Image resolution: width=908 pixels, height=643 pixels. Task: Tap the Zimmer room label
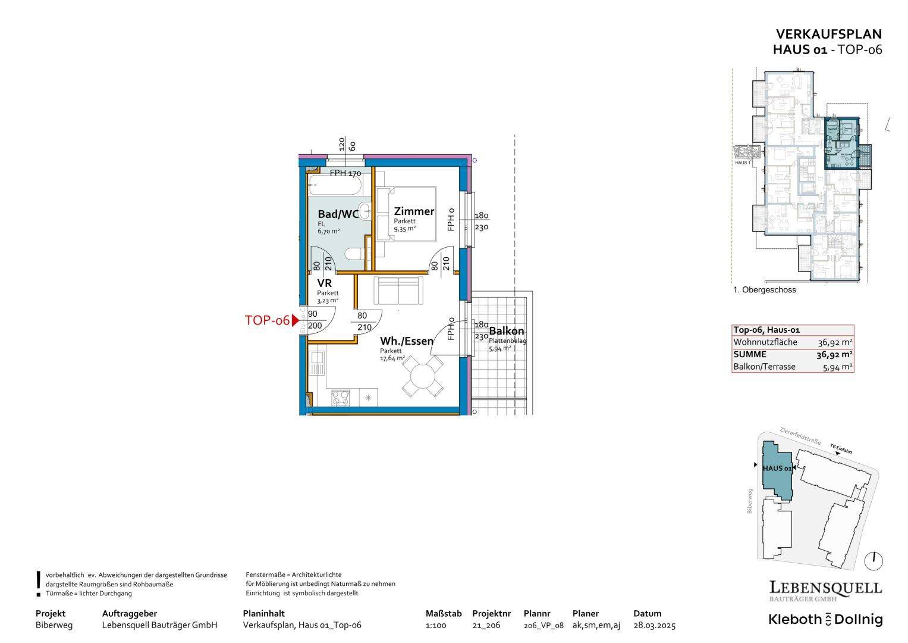tap(414, 211)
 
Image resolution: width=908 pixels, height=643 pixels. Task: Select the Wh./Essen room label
tap(407, 341)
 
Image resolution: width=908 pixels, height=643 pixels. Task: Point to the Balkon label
tap(507, 331)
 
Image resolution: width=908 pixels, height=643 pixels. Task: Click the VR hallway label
tap(325, 283)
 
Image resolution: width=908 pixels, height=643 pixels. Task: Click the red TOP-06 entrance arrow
tap(294, 320)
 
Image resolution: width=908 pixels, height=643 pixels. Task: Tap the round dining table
tap(423, 376)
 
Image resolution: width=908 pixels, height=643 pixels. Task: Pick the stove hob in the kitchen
tap(341, 397)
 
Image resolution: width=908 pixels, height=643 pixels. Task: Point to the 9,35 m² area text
tap(405, 228)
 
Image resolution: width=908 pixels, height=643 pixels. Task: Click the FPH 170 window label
tap(345, 174)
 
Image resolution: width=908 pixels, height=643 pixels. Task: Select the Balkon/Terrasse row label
tap(764, 367)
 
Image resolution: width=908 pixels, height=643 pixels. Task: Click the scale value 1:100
tap(436, 625)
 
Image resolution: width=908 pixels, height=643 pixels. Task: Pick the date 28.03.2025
tap(654, 625)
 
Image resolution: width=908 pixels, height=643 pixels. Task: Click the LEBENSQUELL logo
tap(825, 588)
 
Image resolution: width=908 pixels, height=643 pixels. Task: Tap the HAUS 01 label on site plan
tap(777, 469)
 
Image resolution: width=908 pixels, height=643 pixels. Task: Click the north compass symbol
tap(875, 560)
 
